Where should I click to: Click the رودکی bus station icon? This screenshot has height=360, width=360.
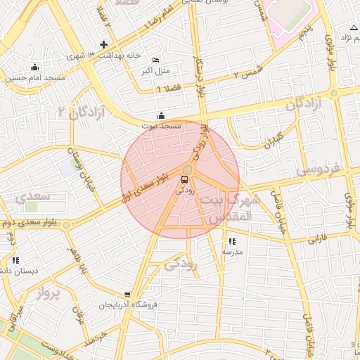pos(185,179)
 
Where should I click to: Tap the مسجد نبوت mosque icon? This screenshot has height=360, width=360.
pos(162,115)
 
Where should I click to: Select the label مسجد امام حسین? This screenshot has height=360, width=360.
pos(36,78)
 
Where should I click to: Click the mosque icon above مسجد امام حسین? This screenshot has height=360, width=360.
pos(35,67)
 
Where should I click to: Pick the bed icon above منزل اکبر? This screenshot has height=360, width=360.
pos(155,60)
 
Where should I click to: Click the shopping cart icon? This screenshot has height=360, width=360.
pos(127,295)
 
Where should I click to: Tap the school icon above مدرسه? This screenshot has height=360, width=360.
pos(232,241)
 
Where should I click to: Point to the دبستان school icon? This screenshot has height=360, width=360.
pos(15,261)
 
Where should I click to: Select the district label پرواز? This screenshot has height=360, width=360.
pos(49,292)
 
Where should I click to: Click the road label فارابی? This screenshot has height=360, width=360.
pos(317,239)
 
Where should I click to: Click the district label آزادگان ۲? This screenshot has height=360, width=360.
pos(86,111)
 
